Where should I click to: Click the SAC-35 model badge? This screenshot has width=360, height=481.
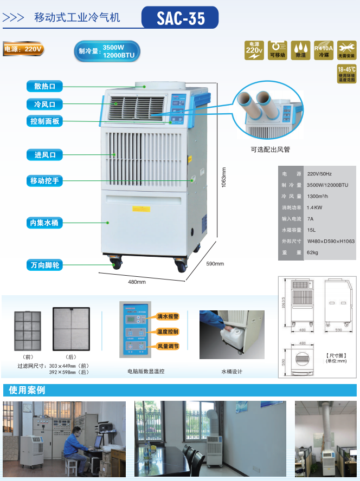pyautogui.click(x=181, y=18)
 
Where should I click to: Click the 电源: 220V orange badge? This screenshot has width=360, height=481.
pyautogui.click(x=23, y=49)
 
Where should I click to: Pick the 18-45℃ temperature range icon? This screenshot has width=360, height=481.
pyautogui.click(x=346, y=74)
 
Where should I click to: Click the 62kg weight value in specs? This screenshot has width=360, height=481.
pyautogui.click(x=313, y=252)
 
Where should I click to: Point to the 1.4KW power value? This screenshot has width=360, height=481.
pyautogui.click(x=314, y=207)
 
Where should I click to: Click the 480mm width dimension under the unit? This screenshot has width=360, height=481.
pyautogui.click(x=137, y=282)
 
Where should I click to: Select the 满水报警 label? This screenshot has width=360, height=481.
pyautogui.click(x=168, y=316)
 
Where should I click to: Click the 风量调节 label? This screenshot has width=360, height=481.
pyautogui.click(x=168, y=346)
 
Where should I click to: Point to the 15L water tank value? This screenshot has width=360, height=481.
pyautogui.click(x=311, y=230)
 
